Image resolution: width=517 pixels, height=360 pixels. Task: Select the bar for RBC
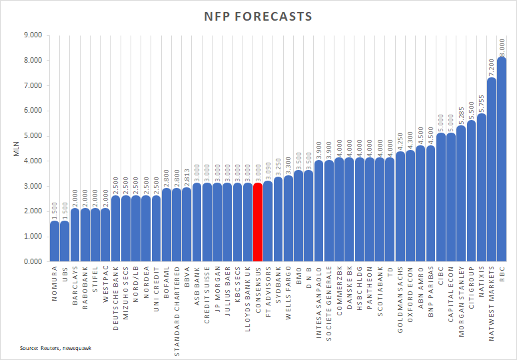pos(502,160)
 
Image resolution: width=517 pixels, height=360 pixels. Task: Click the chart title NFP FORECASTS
pos(258,16)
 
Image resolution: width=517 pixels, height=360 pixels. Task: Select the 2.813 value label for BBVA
pos(187,176)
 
